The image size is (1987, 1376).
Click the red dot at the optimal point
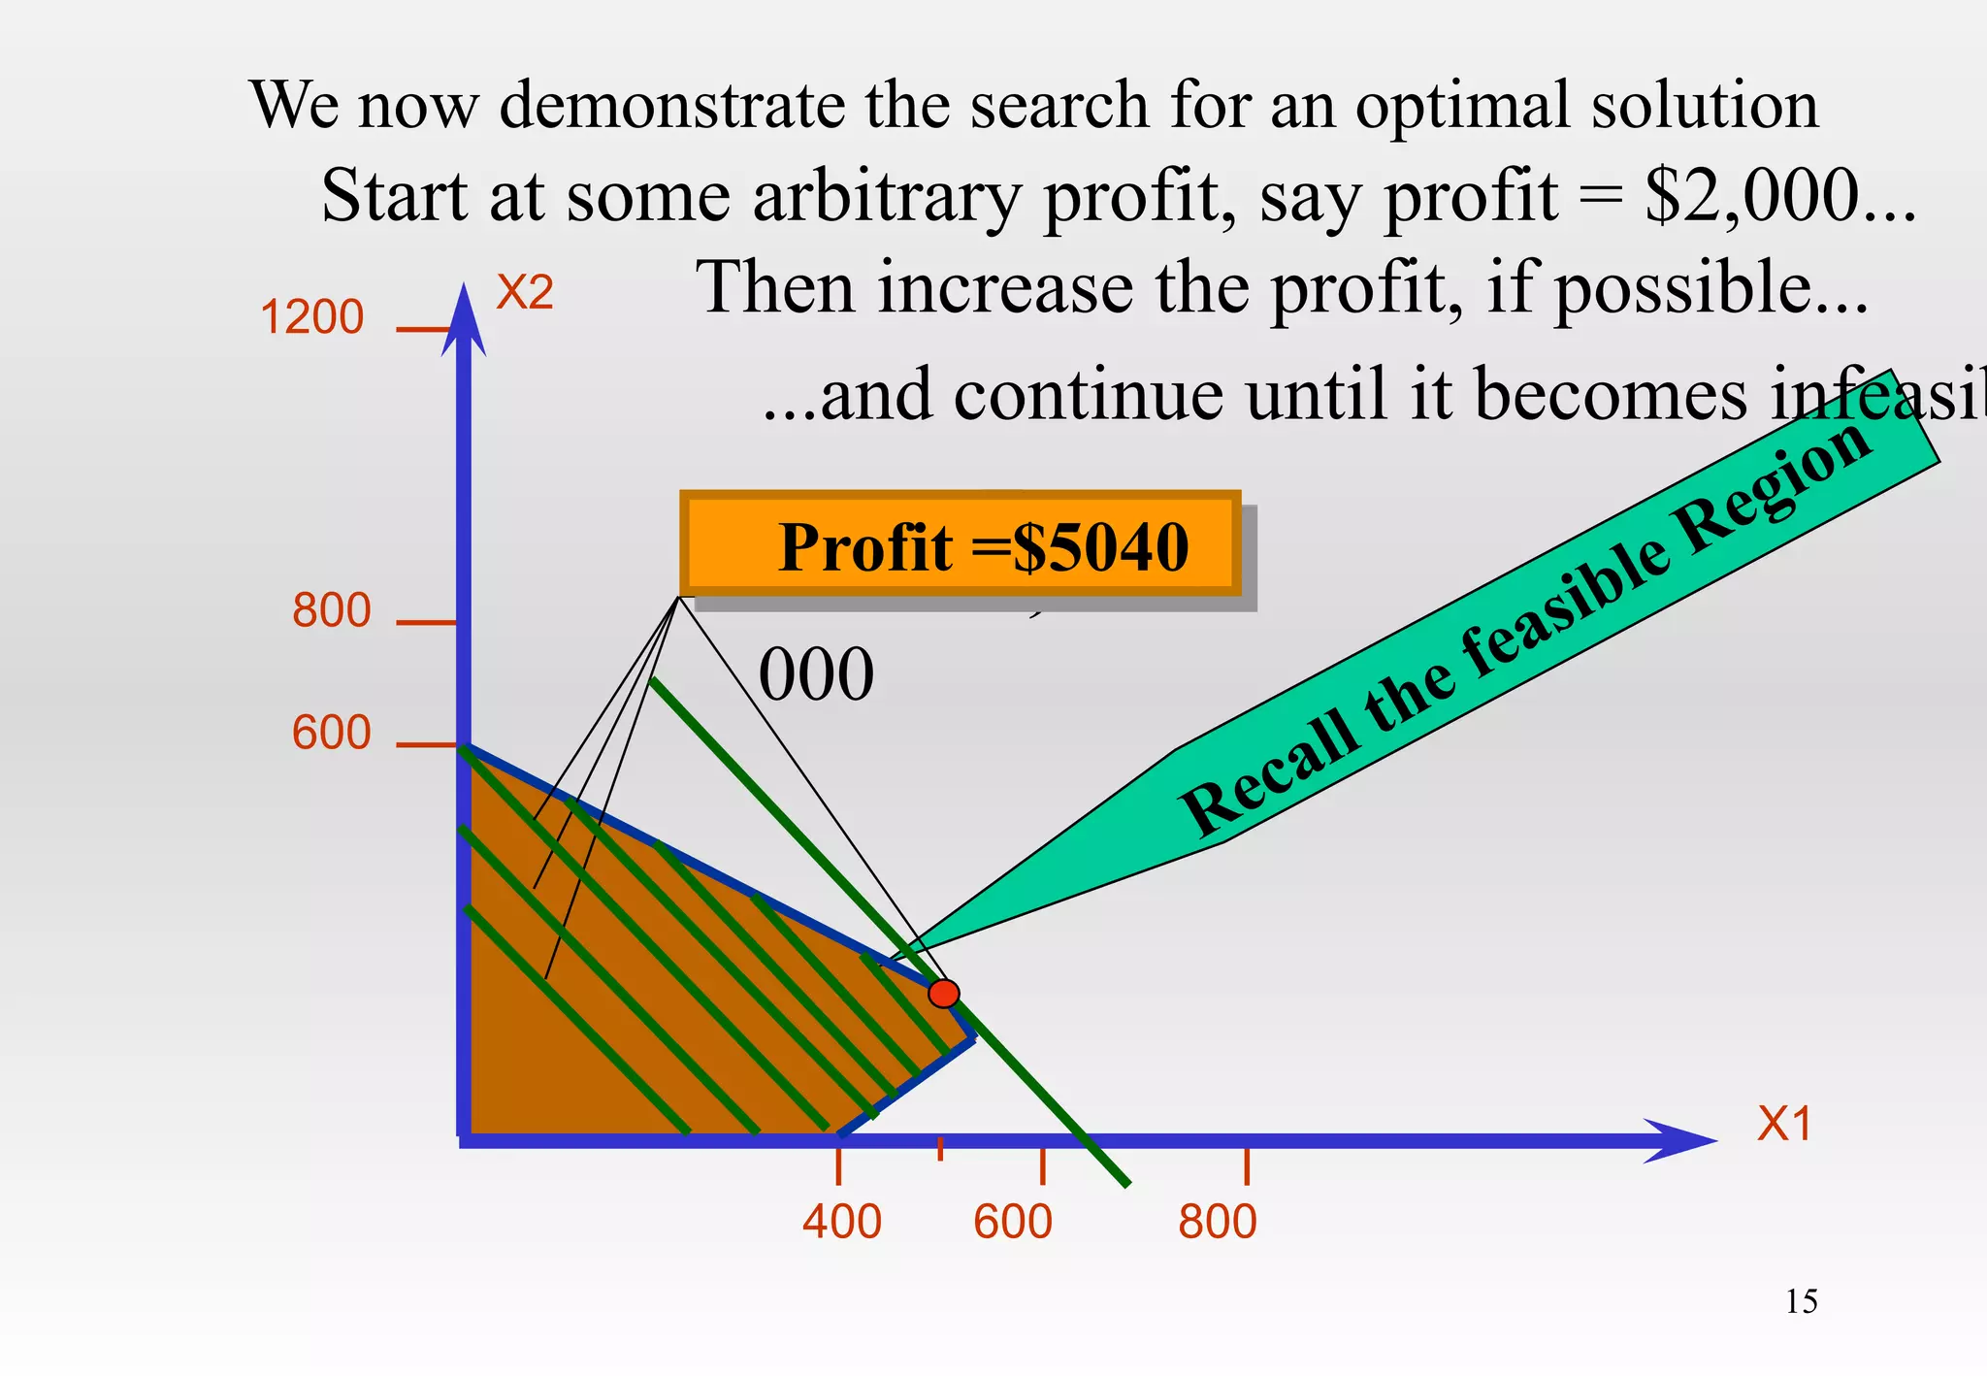pyautogui.click(x=943, y=994)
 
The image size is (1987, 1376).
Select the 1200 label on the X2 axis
pyautogui.click(x=311, y=317)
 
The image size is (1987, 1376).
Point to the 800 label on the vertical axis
pyautogui.click(x=331, y=611)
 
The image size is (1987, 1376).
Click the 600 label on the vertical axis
pyautogui.click(x=331, y=733)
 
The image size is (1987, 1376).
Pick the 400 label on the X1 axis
pyautogui.click(x=841, y=1222)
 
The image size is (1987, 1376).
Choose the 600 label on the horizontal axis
pyautogui.click(x=1012, y=1222)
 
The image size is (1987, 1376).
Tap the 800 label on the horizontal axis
pyautogui.click(x=1217, y=1222)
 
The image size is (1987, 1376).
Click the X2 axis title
pyautogui.click(x=524, y=292)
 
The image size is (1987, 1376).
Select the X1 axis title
pyautogui.click(x=1784, y=1125)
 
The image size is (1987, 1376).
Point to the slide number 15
pyautogui.click(x=1801, y=1301)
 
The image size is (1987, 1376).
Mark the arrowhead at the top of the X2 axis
pyautogui.click(x=464, y=315)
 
